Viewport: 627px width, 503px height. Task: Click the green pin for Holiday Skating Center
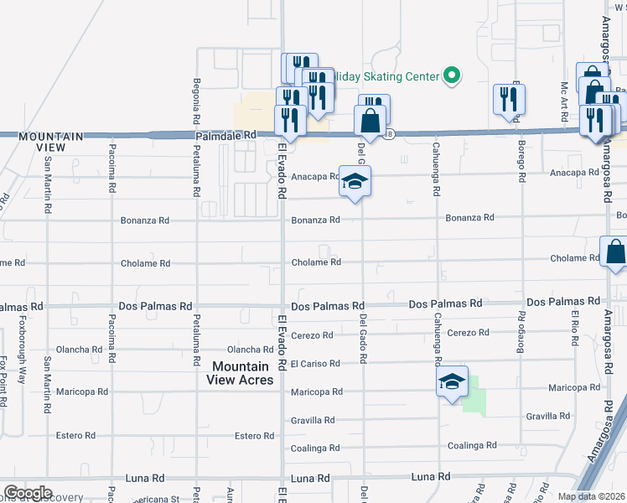pyautogui.click(x=453, y=76)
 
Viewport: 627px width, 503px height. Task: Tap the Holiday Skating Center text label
pyautogui.click(x=387, y=77)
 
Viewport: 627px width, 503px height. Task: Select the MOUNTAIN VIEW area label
pyautogui.click(x=51, y=141)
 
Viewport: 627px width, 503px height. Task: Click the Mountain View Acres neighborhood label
pyautogui.click(x=241, y=373)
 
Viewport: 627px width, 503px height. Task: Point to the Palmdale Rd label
pyautogui.click(x=225, y=135)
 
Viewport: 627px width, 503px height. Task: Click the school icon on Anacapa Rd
pyautogui.click(x=355, y=182)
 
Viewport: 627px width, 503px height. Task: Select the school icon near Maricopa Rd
pyautogui.click(x=452, y=382)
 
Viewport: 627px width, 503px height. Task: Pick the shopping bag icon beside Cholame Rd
pyautogui.click(x=614, y=251)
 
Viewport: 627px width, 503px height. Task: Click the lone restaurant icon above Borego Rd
pyautogui.click(x=510, y=101)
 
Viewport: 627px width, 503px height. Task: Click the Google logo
pyautogui.click(x=28, y=493)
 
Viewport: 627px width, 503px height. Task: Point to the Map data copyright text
pyautogui.click(x=591, y=496)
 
